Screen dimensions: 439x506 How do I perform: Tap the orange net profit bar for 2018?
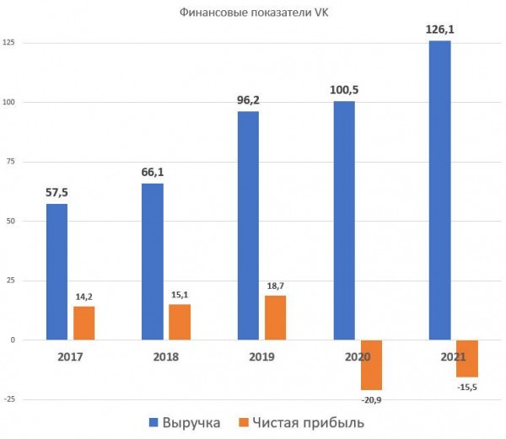(x=180, y=321)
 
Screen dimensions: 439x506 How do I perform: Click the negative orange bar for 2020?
(x=372, y=364)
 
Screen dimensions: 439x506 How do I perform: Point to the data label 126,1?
(x=439, y=29)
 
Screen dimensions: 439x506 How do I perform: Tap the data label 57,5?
(x=57, y=193)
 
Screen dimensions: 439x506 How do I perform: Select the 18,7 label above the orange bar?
(x=275, y=286)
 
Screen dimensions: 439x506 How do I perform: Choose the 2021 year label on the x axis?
(x=453, y=356)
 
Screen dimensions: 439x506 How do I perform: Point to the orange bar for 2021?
(x=467, y=358)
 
